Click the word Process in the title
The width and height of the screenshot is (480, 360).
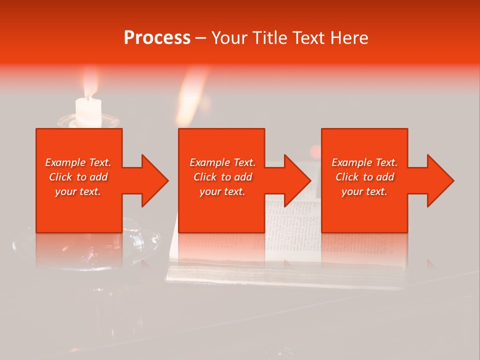click(x=157, y=37)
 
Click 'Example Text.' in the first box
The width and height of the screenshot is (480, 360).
click(x=78, y=162)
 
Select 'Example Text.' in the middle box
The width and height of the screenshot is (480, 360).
click(x=222, y=162)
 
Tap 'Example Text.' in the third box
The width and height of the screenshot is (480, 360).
click(x=364, y=162)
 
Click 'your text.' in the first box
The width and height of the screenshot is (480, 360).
click(x=78, y=191)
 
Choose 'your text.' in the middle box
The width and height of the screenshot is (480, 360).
click(x=222, y=191)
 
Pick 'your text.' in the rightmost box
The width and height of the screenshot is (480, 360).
click(x=364, y=191)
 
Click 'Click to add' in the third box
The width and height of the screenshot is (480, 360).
click(x=364, y=177)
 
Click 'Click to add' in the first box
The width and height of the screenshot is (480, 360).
click(x=78, y=177)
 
